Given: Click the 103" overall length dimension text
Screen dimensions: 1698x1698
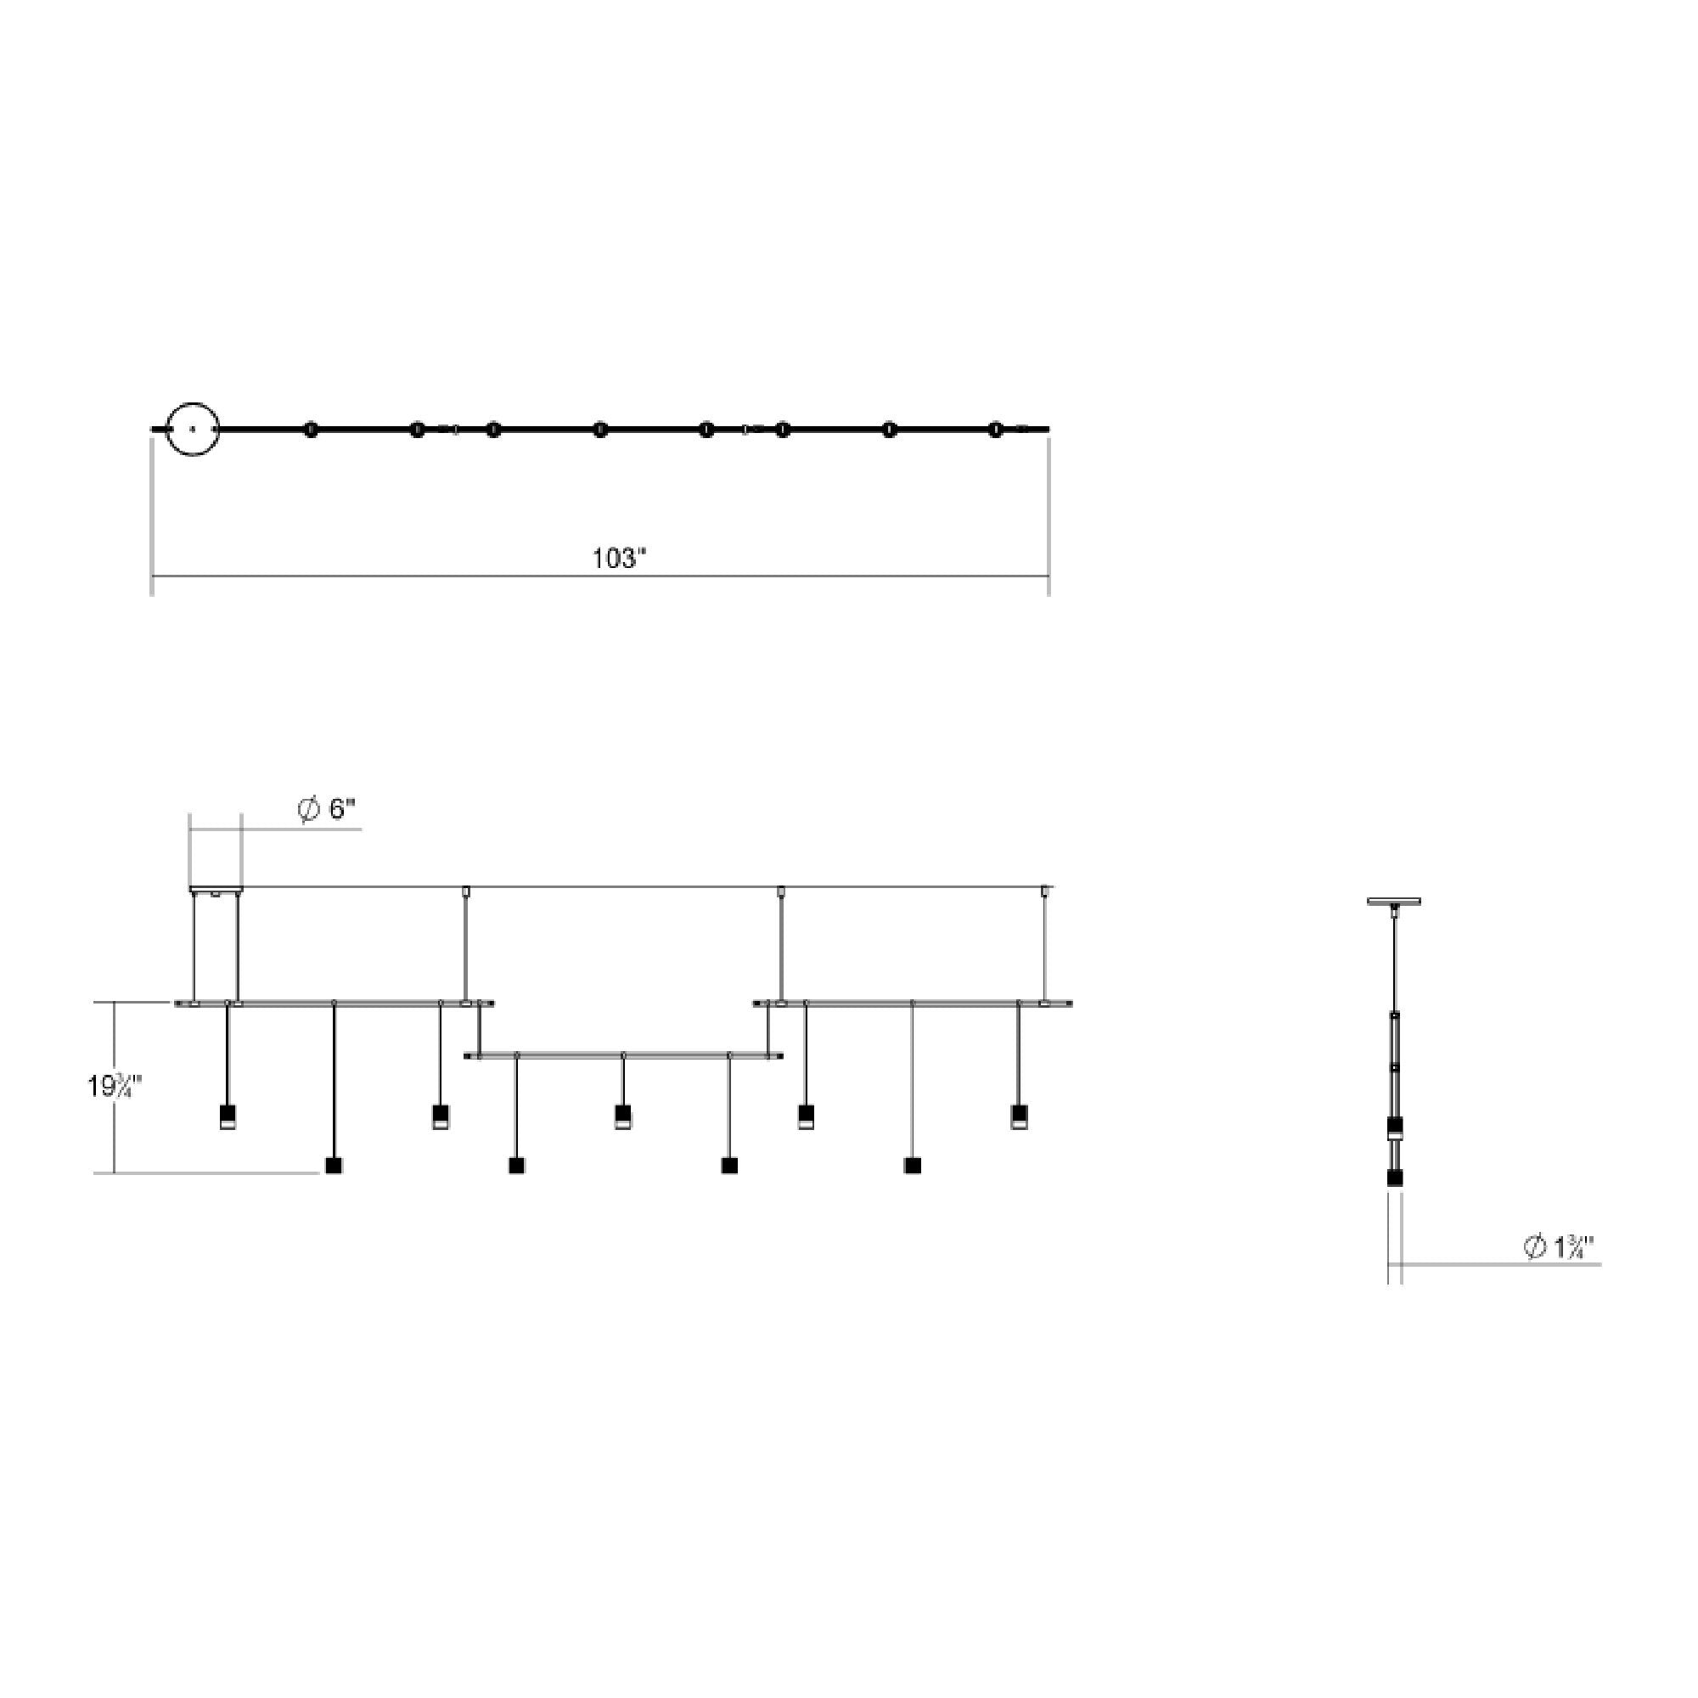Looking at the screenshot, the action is pyautogui.click(x=620, y=558).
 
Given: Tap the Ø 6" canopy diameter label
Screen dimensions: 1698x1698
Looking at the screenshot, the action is pyautogui.click(x=328, y=809).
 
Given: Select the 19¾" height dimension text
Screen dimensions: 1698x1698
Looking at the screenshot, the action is pyautogui.click(x=115, y=1088).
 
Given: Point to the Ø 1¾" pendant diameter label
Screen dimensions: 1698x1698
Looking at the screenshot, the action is pyautogui.click(x=1558, y=1247).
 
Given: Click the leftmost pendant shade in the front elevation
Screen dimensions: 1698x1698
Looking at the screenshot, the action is pyautogui.click(x=228, y=1117).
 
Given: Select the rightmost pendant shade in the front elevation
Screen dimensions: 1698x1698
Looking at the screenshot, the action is pyautogui.click(x=1019, y=1117).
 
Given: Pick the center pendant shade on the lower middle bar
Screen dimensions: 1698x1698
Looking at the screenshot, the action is pyautogui.click(x=622, y=1117).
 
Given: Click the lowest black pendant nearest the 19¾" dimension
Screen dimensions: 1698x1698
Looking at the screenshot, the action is pyautogui.click(x=334, y=1167).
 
